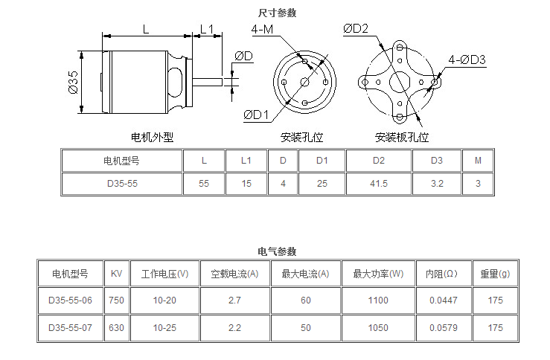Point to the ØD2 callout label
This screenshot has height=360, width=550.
(356, 28)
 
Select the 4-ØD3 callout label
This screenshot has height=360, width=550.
(467, 59)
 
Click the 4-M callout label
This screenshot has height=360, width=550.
(262, 29)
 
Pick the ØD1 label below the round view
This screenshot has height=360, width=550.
(255, 115)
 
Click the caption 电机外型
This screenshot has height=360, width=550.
(152, 137)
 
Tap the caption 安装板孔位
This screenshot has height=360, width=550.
(402, 137)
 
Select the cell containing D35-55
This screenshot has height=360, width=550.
(121, 184)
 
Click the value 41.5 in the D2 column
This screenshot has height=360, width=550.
(378, 184)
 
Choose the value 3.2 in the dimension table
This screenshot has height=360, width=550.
(436, 184)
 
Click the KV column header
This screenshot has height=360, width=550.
(116, 274)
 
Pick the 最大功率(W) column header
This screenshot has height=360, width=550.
(378, 274)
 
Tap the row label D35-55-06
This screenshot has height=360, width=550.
(70, 300)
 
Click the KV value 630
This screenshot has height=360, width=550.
(116, 327)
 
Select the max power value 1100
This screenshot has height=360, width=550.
(378, 300)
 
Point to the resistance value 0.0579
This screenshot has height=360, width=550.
(444, 327)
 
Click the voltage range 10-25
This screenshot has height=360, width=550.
(164, 327)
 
